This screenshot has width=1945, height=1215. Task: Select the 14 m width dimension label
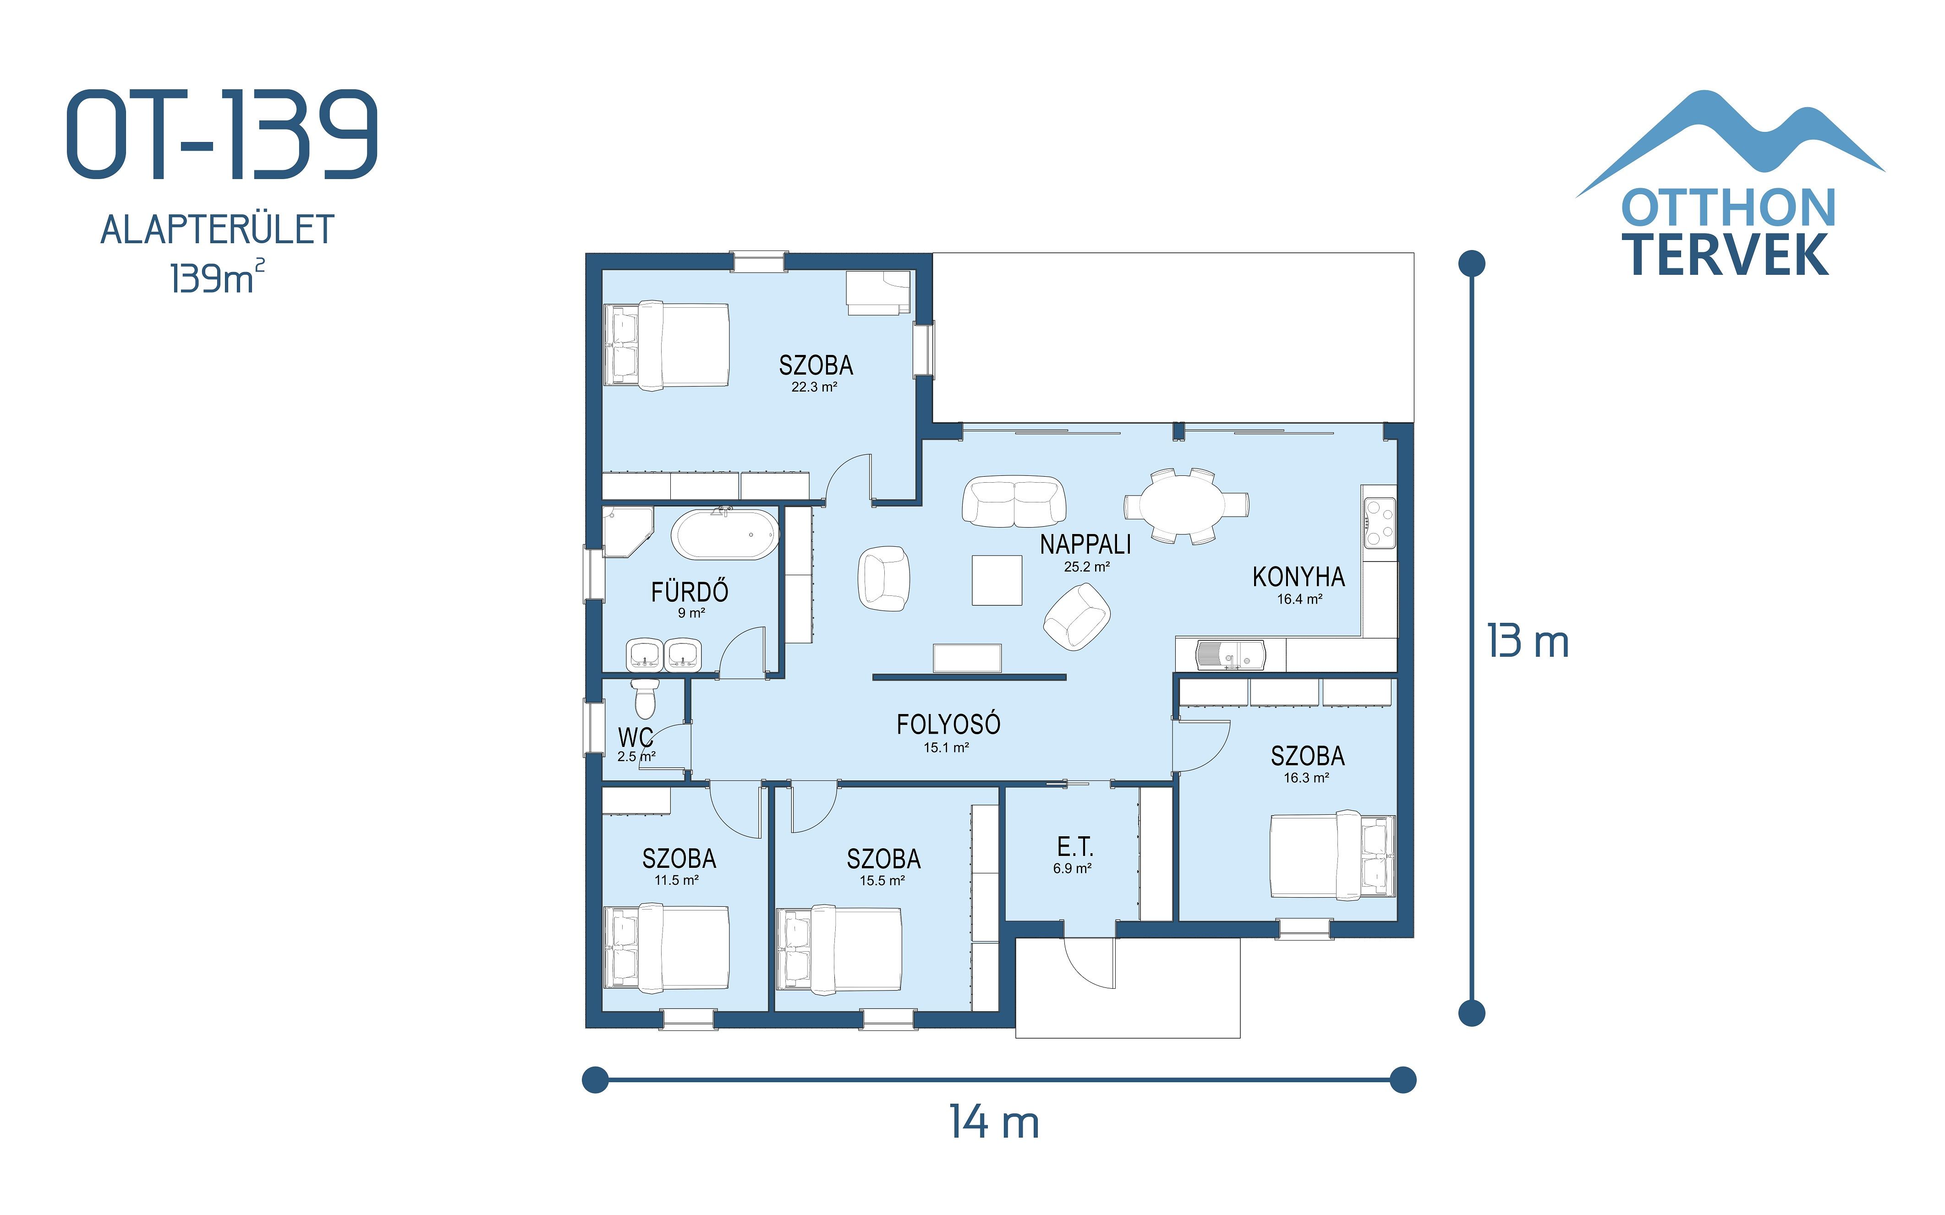(x=994, y=1122)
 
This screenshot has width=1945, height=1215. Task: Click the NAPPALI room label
(x=1085, y=545)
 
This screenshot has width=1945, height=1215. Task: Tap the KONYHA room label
(x=1298, y=577)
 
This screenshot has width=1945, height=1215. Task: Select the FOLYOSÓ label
(x=948, y=725)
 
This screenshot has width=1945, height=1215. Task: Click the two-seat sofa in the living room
(x=1014, y=501)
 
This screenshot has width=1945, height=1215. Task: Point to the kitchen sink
(x=1230, y=654)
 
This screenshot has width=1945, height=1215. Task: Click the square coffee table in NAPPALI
(x=997, y=579)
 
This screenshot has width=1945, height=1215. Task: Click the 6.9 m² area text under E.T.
(x=1072, y=869)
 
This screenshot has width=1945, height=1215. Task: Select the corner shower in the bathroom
(x=625, y=530)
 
